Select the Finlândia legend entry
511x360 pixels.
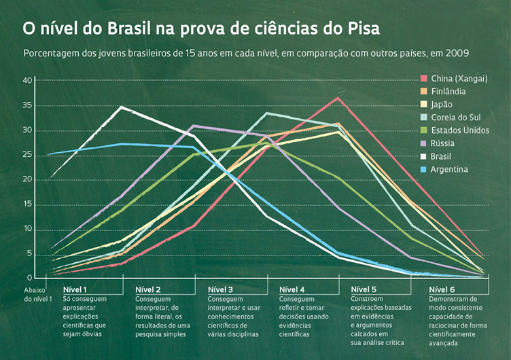coord(448,92)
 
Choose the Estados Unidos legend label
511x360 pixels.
coord(460,130)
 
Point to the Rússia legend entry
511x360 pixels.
coord(443,143)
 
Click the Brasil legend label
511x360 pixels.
coord(442,156)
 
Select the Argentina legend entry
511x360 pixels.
coord(449,169)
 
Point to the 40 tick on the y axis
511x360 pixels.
coord(27,80)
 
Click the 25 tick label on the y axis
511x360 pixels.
coord(27,155)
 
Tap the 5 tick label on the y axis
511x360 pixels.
coord(29,253)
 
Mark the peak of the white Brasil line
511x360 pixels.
coord(121,107)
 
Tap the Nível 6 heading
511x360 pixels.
coord(442,290)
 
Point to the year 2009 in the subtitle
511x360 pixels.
coord(458,53)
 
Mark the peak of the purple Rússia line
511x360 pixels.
coord(194,126)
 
